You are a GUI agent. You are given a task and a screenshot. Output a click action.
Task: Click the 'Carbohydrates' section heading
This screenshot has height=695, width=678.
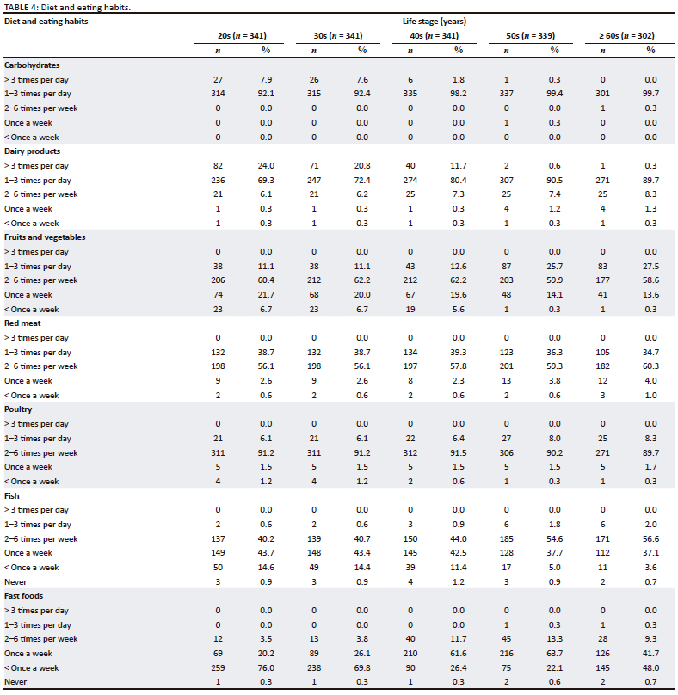tap(32, 65)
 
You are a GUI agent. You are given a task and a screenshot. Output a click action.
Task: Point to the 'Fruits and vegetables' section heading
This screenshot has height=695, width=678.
tap(45, 237)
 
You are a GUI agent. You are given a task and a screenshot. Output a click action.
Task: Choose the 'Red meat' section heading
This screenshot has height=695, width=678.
tap(23, 323)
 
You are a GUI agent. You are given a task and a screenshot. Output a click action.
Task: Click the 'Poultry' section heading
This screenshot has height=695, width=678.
tap(21, 409)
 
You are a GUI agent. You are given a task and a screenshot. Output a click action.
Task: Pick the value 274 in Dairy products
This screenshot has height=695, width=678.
tap(410, 180)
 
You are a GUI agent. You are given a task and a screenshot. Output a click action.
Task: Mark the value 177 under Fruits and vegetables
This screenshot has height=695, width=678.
tap(603, 280)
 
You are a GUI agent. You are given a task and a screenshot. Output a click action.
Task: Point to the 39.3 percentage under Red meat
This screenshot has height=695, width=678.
tap(459, 352)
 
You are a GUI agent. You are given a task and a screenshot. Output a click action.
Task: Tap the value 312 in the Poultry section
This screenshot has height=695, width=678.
tap(410, 452)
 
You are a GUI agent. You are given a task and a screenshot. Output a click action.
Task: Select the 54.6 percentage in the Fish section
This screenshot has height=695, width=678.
tap(555, 538)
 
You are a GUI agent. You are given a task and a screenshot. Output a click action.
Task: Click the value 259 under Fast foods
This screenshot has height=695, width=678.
tap(218, 667)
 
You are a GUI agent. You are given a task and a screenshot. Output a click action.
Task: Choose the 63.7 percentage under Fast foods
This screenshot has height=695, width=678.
tap(555, 653)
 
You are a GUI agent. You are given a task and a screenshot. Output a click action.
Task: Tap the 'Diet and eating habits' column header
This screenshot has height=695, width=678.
tap(46, 21)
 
